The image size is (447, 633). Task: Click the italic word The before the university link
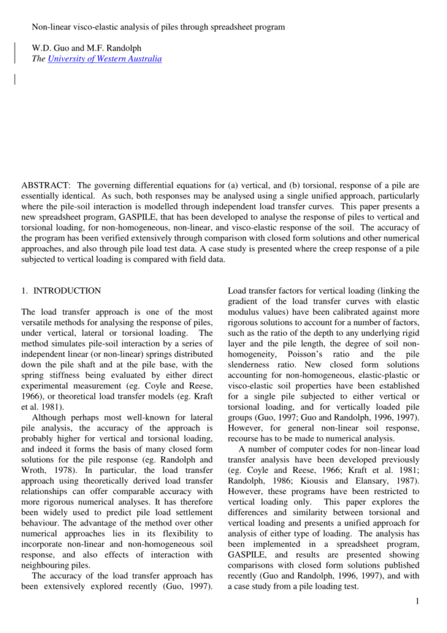[x=39, y=59]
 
